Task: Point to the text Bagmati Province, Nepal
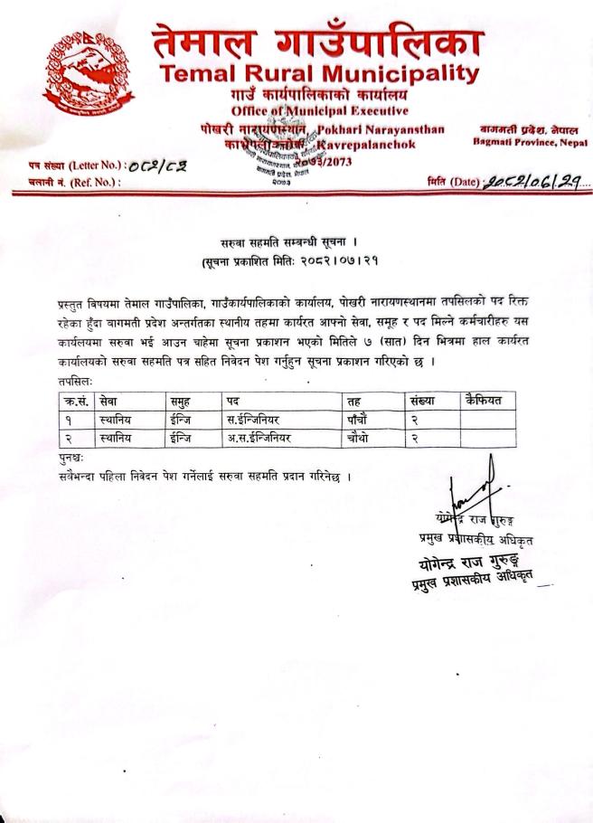tap(530, 143)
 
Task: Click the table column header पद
tap(234, 400)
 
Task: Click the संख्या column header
tap(421, 400)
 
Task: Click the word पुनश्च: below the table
tap(71, 458)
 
